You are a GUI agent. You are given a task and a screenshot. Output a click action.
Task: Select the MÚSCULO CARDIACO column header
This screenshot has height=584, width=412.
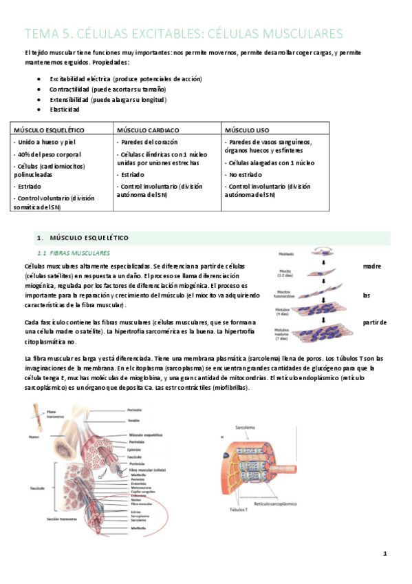coord(148,129)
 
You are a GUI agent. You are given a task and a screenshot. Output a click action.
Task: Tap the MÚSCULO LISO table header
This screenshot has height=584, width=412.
coord(247,129)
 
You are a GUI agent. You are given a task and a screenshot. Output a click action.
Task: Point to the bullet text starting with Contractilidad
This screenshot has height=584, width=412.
coord(107,89)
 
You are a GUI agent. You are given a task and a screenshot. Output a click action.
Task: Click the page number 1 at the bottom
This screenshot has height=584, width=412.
coord(386,554)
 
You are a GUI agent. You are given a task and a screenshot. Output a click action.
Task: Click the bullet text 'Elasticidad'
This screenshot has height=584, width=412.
coord(65,109)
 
